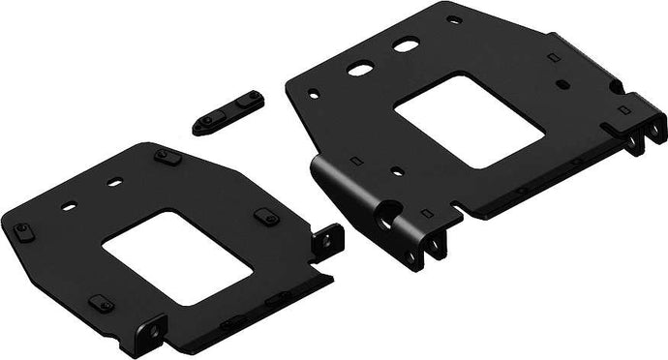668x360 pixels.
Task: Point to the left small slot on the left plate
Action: [x=70, y=206]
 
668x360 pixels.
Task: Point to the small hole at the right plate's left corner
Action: [x=311, y=95]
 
